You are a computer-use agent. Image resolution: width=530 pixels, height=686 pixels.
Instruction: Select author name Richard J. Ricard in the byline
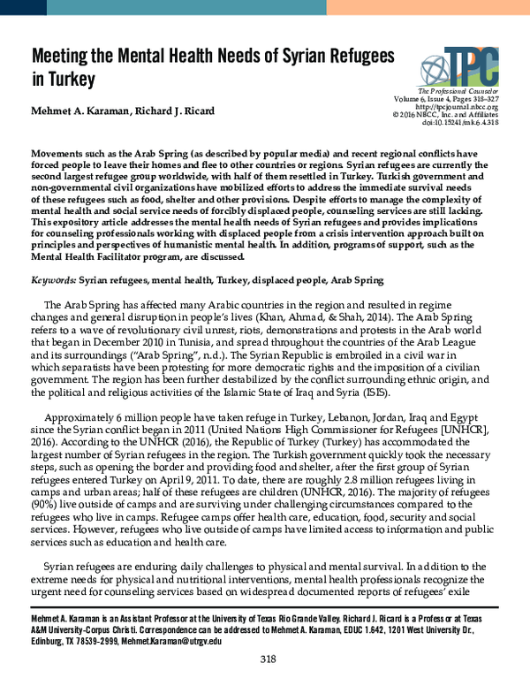(x=184, y=111)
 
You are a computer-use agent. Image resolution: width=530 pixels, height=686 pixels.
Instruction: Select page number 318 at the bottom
(x=269, y=659)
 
